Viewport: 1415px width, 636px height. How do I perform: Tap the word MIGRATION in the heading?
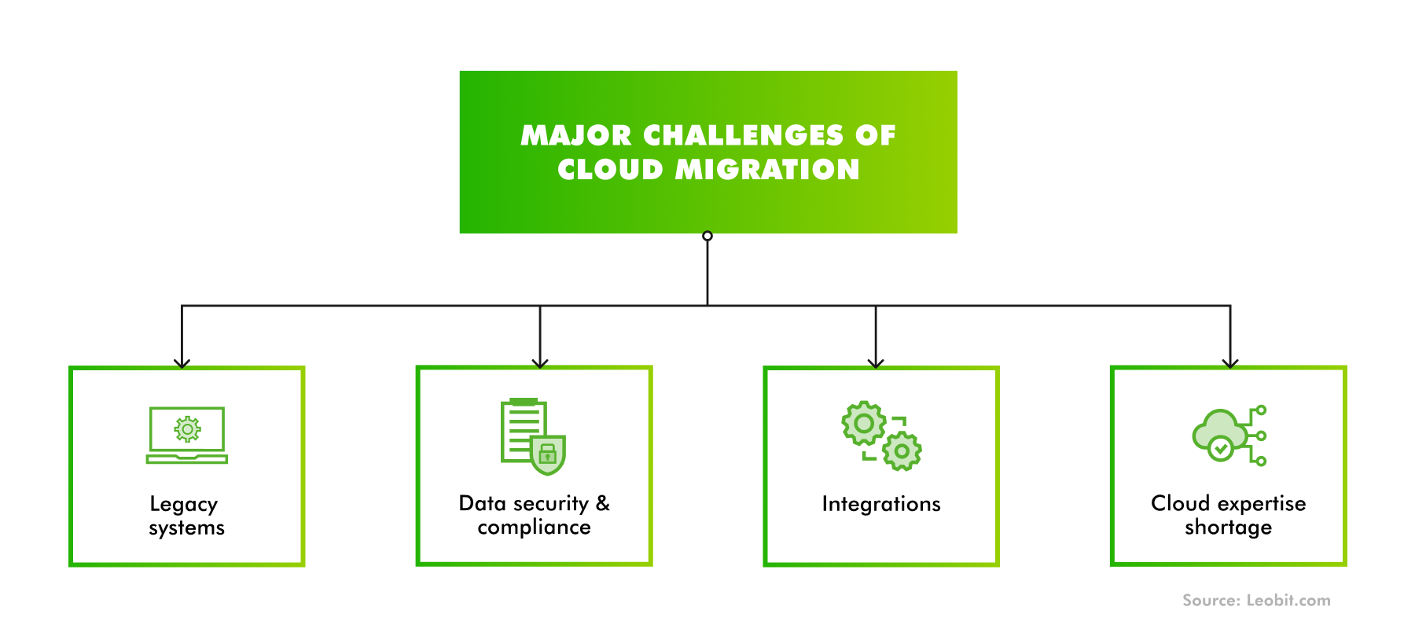[767, 169]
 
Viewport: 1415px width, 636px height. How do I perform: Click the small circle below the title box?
[707, 236]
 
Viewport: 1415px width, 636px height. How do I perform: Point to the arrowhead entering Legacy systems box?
[182, 363]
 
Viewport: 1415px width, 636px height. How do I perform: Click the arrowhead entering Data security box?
[540, 363]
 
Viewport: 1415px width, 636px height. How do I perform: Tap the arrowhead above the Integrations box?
[876, 363]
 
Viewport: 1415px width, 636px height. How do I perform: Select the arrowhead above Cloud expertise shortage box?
[1230, 363]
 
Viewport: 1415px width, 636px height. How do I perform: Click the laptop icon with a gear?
[187, 435]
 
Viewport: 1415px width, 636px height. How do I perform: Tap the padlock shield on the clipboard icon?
[548, 454]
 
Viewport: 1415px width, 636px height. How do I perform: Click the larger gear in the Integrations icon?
[864, 424]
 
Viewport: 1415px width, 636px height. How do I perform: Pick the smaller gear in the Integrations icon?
[902, 451]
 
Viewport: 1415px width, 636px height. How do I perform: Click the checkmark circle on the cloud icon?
[1220, 449]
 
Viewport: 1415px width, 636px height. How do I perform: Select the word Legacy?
[183, 505]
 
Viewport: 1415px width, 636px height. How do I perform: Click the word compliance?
[534, 528]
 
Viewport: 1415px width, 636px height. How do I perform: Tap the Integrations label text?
[881, 504]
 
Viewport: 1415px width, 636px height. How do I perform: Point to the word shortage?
[1228, 528]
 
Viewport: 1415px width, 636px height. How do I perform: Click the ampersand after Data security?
[603, 503]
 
